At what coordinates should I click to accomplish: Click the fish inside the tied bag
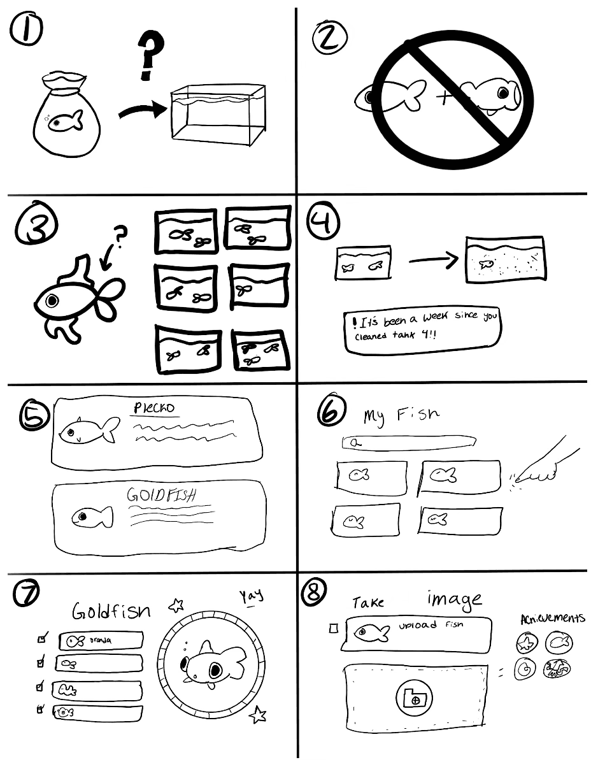click(x=66, y=121)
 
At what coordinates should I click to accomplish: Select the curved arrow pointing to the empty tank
click(x=141, y=113)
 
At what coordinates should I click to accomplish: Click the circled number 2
click(x=329, y=41)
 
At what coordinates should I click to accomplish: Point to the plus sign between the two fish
click(x=443, y=97)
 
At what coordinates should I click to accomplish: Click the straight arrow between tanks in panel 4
click(x=433, y=259)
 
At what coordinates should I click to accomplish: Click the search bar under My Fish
click(x=409, y=441)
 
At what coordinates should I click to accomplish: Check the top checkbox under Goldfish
click(x=43, y=636)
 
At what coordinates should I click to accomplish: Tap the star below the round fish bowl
click(x=258, y=715)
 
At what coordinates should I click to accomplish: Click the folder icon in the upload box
click(x=415, y=698)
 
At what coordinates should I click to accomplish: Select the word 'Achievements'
click(x=552, y=619)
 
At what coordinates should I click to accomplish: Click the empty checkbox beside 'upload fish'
click(x=332, y=629)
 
